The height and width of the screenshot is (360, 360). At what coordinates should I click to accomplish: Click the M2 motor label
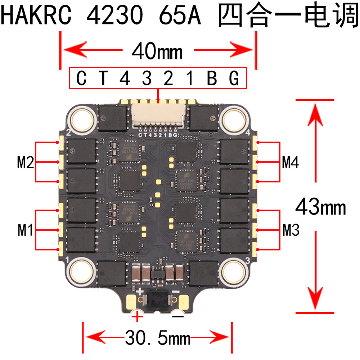(25, 163)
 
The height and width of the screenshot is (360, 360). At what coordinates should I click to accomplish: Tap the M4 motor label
(291, 163)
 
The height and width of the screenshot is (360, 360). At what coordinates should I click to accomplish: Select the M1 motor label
(25, 230)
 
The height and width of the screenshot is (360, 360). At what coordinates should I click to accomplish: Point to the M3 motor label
(291, 230)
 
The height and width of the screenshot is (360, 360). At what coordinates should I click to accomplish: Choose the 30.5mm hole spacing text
(158, 338)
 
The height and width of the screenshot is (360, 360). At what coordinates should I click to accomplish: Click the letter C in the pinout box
(82, 78)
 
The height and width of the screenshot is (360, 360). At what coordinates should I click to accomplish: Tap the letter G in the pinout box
(234, 78)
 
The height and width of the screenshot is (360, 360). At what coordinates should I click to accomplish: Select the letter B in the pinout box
(212, 78)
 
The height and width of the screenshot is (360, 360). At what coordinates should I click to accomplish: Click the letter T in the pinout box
(103, 78)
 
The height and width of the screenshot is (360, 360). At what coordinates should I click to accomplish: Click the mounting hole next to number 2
(82, 118)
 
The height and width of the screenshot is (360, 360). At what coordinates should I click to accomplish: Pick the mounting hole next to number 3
(235, 270)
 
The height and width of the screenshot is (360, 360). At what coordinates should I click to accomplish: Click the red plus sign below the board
(137, 317)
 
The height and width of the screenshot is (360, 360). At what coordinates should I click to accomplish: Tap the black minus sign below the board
(178, 316)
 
